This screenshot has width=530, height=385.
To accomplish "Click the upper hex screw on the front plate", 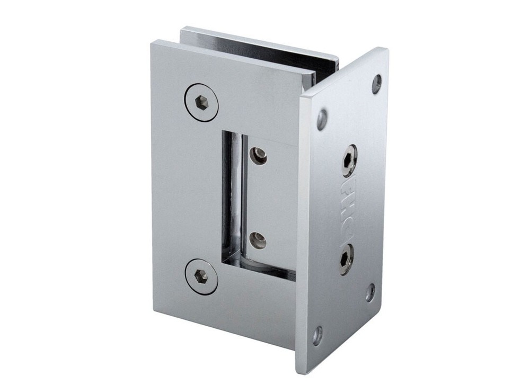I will point(201,101).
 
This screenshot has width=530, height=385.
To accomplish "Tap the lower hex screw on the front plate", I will point(201,276).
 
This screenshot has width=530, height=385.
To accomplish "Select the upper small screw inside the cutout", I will point(259,155).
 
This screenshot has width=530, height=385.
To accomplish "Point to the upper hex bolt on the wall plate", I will point(349,160).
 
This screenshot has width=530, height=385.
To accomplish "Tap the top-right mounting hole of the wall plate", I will point(377,83).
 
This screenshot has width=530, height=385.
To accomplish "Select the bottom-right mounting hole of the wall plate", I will point(370,292).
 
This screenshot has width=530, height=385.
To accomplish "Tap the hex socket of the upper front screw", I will point(201,101).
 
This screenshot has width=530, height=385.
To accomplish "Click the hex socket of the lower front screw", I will point(201,276).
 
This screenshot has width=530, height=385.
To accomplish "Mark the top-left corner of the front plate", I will point(152,42).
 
